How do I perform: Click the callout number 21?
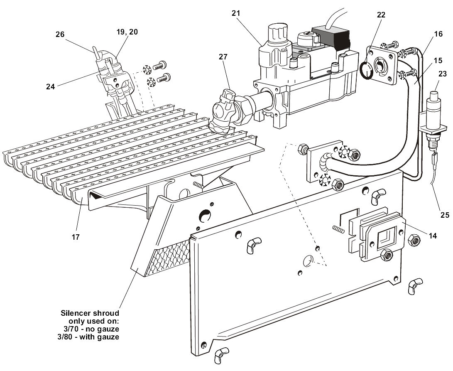236,13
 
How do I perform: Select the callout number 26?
60,34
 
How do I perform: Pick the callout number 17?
75,237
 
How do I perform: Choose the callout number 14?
433,236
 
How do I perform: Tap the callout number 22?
381,15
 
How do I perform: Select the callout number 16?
438,34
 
